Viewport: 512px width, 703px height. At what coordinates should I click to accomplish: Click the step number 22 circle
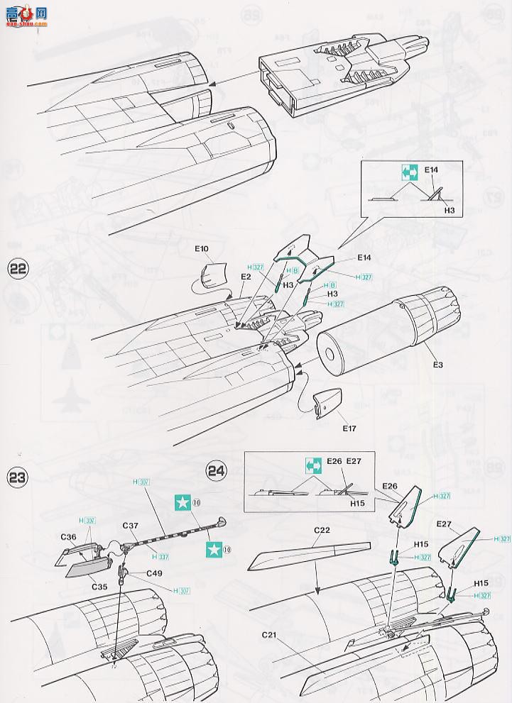click(18, 270)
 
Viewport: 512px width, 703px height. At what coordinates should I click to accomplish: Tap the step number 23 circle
click(17, 477)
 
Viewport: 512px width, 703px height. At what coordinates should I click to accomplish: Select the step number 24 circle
click(216, 470)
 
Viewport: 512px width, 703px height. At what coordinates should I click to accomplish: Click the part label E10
click(201, 249)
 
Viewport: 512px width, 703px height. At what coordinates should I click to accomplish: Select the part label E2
click(246, 275)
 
